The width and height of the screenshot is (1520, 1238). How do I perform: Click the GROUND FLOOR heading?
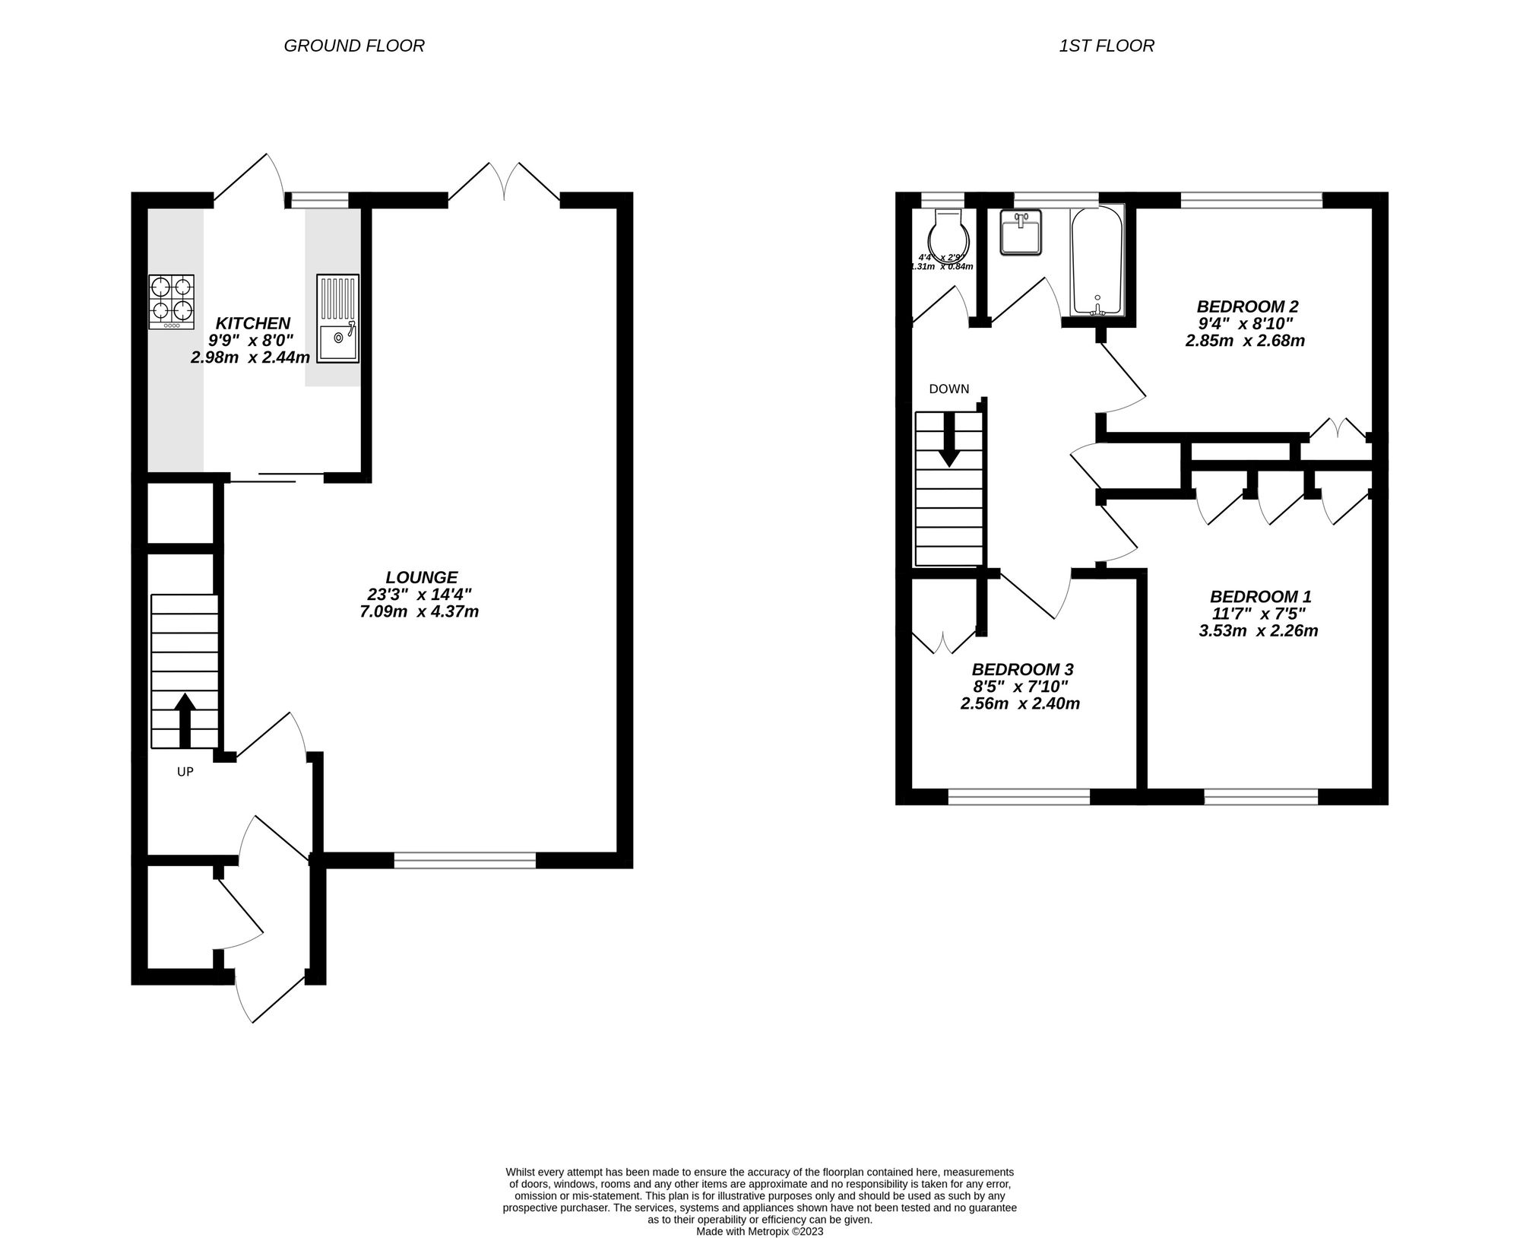click(353, 46)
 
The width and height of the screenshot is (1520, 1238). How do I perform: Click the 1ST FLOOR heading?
click(1106, 46)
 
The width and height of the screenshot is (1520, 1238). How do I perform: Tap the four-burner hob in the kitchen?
click(171, 301)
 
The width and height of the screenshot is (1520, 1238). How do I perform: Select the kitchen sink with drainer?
click(337, 319)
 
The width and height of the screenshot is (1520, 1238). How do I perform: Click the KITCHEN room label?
click(252, 323)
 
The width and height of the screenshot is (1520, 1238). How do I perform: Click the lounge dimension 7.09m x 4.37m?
click(419, 611)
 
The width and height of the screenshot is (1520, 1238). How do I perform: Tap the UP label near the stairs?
click(185, 772)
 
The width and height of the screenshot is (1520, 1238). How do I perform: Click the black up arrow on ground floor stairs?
click(185, 719)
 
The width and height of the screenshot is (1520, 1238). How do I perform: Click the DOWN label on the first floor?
click(948, 389)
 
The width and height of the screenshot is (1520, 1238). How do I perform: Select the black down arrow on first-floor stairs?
click(948, 449)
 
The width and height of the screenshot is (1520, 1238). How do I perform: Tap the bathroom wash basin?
click(1019, 233)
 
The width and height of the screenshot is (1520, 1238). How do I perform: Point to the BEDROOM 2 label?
click(1247, 306)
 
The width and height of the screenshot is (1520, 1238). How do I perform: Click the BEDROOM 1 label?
click(1260, 597)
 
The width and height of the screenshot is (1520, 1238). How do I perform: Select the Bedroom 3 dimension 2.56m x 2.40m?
click(1020, 703)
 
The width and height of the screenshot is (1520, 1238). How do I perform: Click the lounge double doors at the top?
click(505, 183)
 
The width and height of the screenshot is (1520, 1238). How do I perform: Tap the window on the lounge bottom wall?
click(464, 860)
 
